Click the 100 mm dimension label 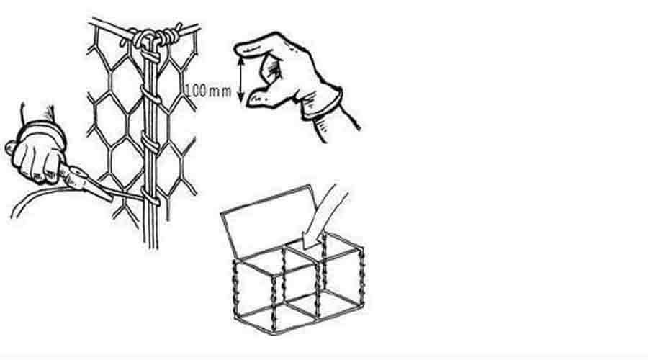point(207,91)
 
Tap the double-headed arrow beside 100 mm point(241,79)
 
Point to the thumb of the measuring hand point(261,99)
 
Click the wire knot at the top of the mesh point(154,38)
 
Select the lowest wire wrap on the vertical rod point(151,197)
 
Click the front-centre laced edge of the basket point(274,302)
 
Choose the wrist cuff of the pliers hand point(43,129)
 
